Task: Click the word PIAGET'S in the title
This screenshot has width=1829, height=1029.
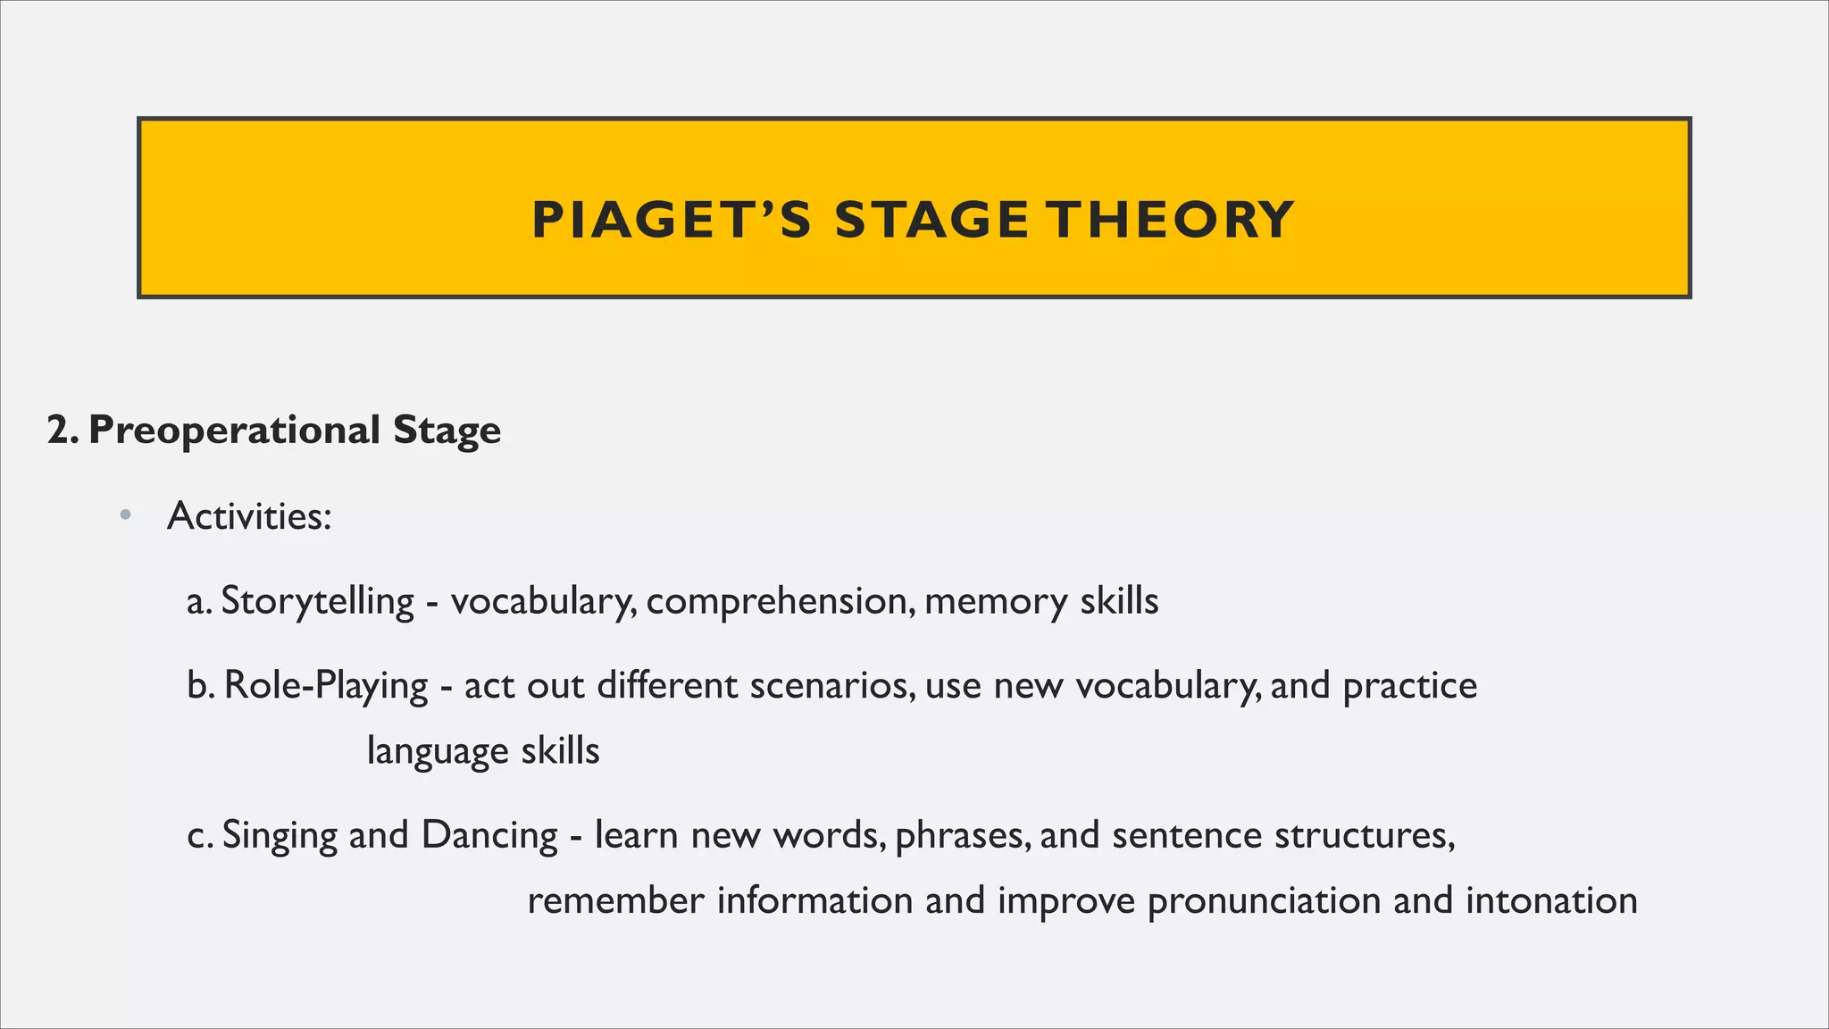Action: click(672, 220)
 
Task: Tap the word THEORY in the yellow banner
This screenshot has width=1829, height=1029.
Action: click(1170, 220)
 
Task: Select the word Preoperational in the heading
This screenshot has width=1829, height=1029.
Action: click(234, 431)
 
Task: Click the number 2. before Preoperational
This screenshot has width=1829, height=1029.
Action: click(63, 431)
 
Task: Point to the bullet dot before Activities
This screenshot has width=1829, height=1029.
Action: click(125, 514)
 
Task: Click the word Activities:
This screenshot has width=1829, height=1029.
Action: click(249, 516)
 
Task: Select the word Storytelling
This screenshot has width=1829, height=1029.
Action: click(317, 601)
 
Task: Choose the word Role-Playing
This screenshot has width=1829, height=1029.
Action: click(326, 686)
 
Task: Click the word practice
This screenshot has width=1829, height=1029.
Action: click(1410, 686)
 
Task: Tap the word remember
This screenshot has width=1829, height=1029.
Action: click(615, 900)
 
